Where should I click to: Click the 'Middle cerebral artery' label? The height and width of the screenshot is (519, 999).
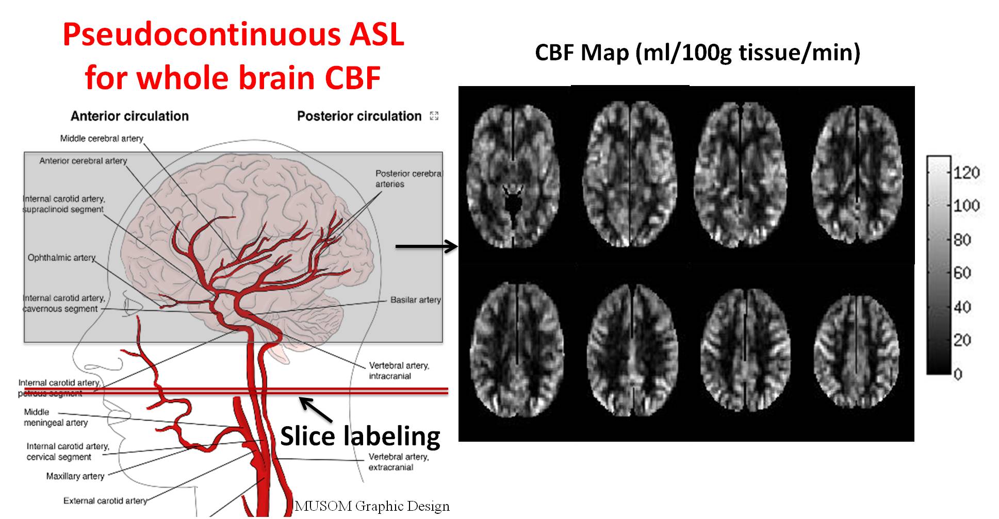pos(102,138)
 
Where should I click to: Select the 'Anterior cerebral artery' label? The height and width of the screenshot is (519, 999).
pos(83,161)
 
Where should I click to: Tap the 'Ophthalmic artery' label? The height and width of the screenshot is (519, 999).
pos(61,258)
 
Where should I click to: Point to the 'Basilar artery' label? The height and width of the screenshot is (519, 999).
pos(415,300)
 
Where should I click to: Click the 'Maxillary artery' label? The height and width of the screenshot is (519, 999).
pos(75,476)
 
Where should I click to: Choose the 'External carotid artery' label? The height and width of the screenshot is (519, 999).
pos(105,500)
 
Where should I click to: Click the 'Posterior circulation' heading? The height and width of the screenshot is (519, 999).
pos(359,116)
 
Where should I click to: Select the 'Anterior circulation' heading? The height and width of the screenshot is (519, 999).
pos(129,116)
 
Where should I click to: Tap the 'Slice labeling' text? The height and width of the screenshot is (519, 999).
pos(360,436)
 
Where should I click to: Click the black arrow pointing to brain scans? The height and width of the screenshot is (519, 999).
pos(426,246)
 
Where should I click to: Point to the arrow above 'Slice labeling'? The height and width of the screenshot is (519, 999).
pos(316,410)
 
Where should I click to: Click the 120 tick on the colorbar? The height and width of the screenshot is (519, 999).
pos(966,172)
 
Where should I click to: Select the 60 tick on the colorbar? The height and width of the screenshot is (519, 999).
pos(962,273)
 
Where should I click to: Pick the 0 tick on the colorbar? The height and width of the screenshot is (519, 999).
pos(958,374)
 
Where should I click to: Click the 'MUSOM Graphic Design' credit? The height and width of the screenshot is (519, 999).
pos(371,506)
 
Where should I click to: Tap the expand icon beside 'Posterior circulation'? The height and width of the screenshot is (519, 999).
pos(434,116)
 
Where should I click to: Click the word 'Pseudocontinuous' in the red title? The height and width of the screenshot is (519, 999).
pos(201,35)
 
